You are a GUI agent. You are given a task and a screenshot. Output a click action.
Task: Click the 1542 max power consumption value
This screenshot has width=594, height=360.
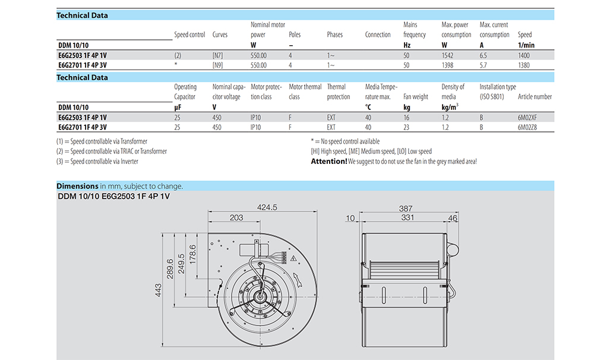(x=447, y=55)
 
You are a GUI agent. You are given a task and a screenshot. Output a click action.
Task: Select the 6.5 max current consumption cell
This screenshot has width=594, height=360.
(x=484, y=55)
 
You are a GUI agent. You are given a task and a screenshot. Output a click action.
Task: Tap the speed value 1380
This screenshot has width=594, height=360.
(x=524, y=65)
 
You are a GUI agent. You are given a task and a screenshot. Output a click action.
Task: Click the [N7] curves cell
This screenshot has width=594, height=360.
(x=217, y=55)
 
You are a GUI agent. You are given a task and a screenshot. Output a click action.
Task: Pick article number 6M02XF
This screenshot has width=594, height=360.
(x=527, y=118)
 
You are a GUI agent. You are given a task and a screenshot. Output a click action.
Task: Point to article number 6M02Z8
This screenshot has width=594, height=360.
(x=527, y=127)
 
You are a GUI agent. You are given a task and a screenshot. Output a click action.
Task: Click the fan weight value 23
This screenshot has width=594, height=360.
(x=406, y=127)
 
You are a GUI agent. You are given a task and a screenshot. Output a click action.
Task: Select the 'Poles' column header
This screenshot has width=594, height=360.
(x=295, y=34)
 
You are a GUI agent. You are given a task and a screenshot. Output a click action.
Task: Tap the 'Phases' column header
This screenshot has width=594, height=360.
(x=335, y=34)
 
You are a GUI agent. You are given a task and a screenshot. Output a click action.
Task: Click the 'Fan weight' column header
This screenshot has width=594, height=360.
(x=416, y=97)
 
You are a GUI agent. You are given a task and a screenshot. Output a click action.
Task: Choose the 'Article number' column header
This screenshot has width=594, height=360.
(x=535, y=97)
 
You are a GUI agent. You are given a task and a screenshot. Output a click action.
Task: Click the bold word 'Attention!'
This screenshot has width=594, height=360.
(x=329, y=162)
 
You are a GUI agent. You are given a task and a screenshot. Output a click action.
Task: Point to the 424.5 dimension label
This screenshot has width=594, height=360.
(x=267, y=207)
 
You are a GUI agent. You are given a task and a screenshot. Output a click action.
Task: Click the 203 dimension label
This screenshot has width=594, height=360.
(x=236, y=217)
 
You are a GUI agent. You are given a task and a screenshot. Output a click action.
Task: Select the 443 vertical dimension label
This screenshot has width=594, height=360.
(x=159, y=290)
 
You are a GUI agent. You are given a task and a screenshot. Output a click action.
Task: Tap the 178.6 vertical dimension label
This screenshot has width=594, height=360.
(x=193, y=255)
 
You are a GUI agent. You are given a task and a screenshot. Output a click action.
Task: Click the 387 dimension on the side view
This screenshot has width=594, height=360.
(x=406, y=209)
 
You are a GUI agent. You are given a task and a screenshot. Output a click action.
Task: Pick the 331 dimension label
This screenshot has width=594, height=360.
(x=407, y=217)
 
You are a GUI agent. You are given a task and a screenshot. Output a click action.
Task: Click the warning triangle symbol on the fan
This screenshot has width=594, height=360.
(x=293, y=258)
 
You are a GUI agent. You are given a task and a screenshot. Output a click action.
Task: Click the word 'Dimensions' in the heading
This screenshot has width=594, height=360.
(x=78, y=186)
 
